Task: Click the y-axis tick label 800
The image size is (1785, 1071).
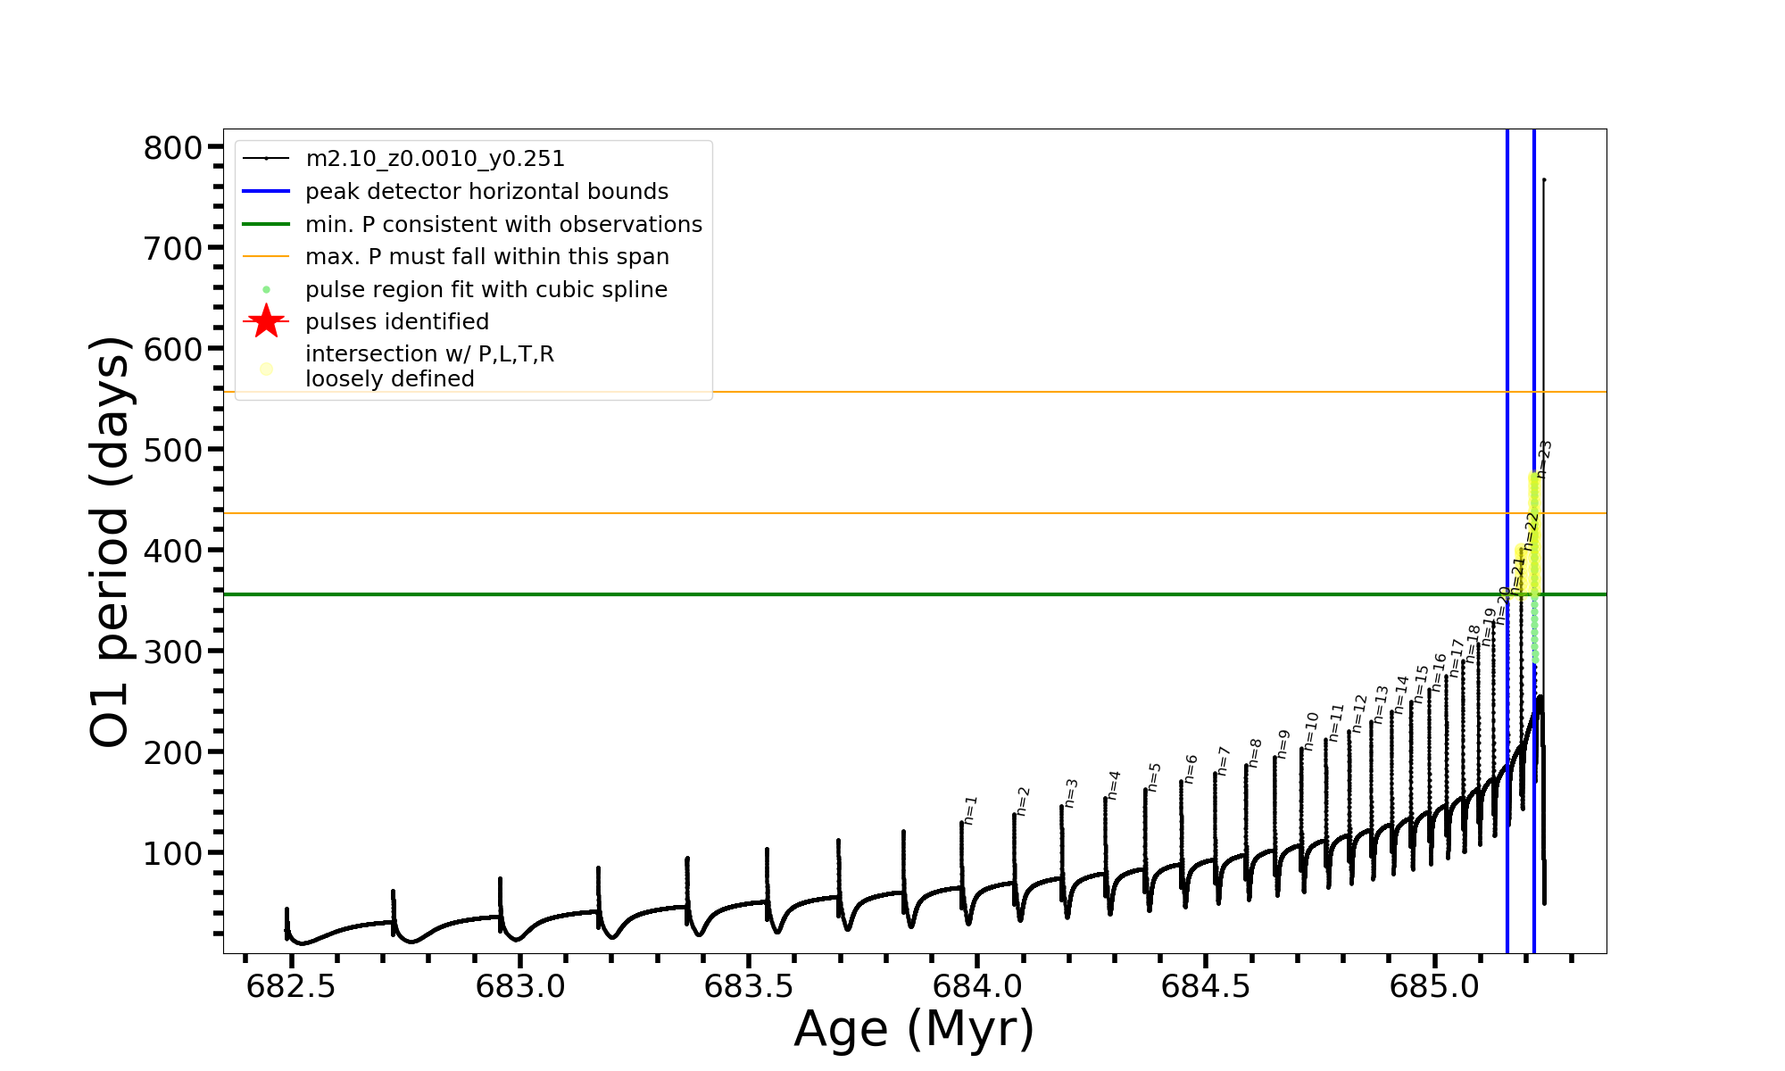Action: click(x=173, y=148)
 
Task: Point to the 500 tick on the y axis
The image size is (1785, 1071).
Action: click(x=173, y=450)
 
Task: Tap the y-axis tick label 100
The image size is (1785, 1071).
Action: click(x=173, y=854)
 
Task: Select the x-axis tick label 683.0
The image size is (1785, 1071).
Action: click(x=519, y=986)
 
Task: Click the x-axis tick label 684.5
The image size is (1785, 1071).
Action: click(x=1205, y=986)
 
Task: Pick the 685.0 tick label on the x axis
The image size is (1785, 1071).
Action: click(x=1434, y=986)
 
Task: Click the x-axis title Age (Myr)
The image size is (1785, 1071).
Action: click(x=914, y=1029)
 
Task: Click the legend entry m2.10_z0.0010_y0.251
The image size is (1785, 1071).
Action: click(x=435, y=159)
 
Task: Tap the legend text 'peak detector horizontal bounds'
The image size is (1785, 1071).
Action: click(x=486, y=192)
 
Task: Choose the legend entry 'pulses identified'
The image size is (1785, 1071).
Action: click(x=397, y=322)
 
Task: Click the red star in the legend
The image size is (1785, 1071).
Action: click(x=266, y=321)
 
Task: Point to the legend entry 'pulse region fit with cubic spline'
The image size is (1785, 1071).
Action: click(x=486, y=290)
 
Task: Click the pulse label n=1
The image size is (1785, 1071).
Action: click(x=971, y=810)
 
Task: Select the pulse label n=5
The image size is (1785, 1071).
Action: click(x=1154, y=777)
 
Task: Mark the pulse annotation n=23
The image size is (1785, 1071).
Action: click(x=1545, y=459)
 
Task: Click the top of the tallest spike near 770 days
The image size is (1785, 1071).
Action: click(x=1544, y=180)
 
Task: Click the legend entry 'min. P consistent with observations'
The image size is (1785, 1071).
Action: click(x=503, y=225)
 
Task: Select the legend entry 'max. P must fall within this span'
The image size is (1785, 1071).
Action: click(x=486, y=257)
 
